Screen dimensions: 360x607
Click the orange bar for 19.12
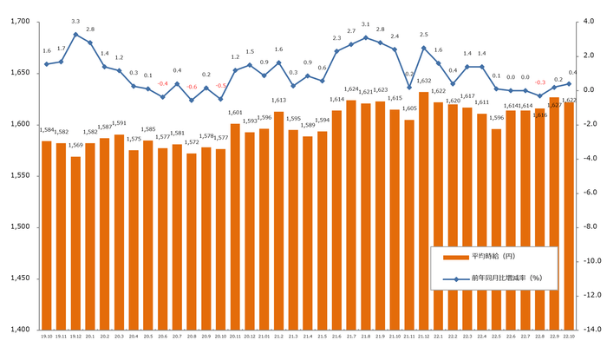(x=75, y=243)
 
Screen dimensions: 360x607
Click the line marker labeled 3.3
(x=75, y=35)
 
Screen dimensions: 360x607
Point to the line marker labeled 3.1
(x=365, y=37)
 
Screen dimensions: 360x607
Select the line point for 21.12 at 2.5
(x=423, y=48)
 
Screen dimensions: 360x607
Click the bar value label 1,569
(x=75, y=146)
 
